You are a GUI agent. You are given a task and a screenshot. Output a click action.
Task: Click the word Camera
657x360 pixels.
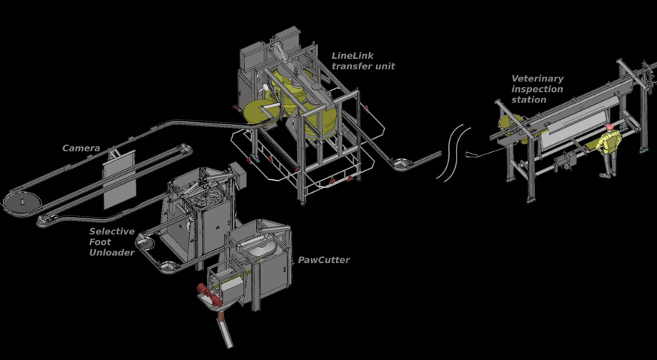click(x=81, y=148)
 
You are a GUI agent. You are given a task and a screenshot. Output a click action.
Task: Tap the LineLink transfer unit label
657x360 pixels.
click(x=363, y=61)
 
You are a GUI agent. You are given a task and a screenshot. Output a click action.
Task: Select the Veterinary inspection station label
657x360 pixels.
click(x=537, y=89)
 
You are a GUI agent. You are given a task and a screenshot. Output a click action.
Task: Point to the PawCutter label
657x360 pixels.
click(x=323, y=260)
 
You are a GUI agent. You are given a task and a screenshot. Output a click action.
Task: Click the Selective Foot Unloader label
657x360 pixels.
click(x=112, y=242)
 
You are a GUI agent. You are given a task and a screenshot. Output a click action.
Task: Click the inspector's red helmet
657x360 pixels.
click(x=610, y=127)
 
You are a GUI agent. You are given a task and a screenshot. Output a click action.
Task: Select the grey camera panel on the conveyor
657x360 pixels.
click(x=119, y=179)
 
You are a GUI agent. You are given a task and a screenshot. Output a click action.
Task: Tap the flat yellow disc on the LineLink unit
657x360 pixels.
click(x=260, y=111)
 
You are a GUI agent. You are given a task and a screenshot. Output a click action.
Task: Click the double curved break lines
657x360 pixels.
click(x=453, y=153)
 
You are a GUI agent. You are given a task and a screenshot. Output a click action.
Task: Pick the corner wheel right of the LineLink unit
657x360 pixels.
click(x=402, y=163)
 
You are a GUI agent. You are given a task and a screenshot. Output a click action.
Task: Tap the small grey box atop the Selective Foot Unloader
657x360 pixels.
click(x=238, y=175)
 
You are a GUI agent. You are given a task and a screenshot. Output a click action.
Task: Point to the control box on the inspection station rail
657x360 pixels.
click(x=564, y=162)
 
